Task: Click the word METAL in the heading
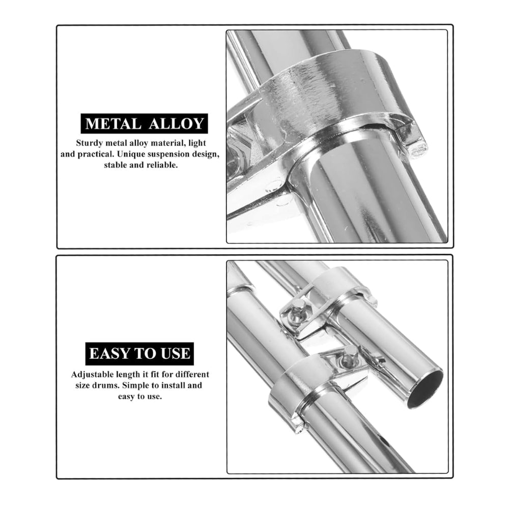point(112,124)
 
